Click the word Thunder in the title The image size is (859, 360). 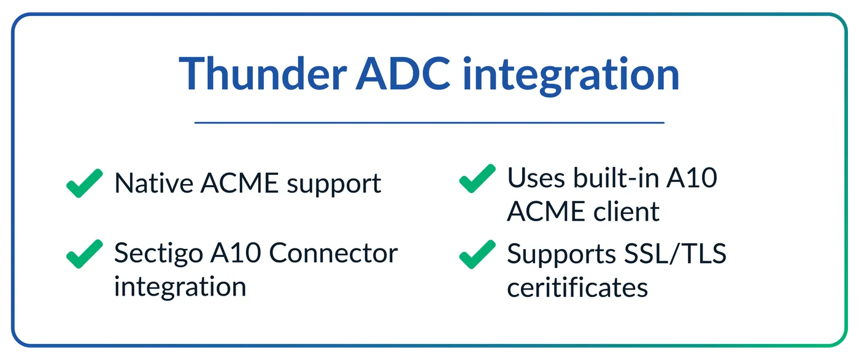263,74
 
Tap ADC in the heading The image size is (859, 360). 403,74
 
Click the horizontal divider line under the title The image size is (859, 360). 429,123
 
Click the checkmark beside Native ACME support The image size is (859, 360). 85,183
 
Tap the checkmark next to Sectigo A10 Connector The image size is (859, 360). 85,254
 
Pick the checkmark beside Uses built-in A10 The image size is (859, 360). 477,178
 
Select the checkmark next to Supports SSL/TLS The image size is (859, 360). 477,254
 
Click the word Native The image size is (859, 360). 153,183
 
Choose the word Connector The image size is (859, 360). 333,253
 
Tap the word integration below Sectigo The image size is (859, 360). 180,288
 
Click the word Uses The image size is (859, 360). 536,178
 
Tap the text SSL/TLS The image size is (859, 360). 676,254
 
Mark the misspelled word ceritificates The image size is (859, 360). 577,287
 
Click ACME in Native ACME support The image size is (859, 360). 240,183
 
